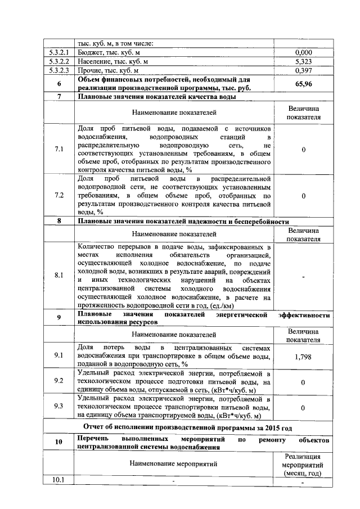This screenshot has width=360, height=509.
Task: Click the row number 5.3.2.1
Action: [x=58, y=52]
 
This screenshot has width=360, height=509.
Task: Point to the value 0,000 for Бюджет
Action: [x=303, y=52]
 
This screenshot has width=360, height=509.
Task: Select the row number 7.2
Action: [x=58, y=195]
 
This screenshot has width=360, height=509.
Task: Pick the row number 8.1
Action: [x=58, y=276]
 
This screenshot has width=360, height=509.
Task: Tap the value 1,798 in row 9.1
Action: [x=303, y=356]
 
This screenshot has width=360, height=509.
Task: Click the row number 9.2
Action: [x=58, y=381]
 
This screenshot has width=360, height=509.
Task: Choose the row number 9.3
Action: [x=58, y=406]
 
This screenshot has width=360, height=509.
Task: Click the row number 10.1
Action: [x=58, y=480]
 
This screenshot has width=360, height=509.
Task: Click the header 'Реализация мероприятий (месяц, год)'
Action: [x=303, y=463]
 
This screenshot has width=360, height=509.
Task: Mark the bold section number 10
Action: [x=58, y=442]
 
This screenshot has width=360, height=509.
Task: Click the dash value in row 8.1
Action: [x=303, y=277]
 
